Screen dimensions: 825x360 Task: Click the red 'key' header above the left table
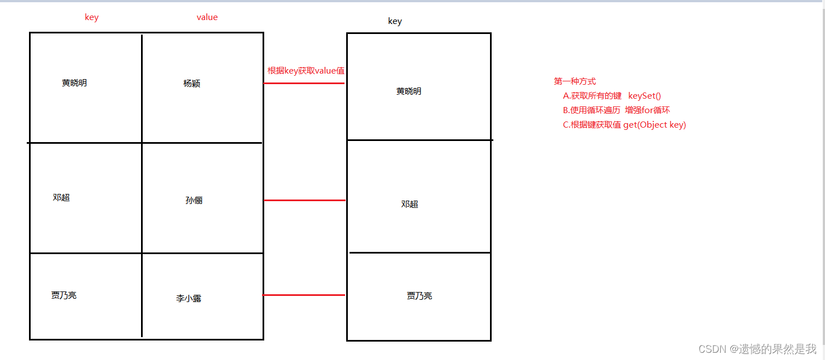coord(91,17)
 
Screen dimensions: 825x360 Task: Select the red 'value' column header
coord(207,17)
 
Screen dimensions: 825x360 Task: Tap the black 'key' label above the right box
coord(395,21)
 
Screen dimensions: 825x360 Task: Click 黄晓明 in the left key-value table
coord(74,83)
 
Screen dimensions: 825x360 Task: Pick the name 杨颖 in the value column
coord(192,84)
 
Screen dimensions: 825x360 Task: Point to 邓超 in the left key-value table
coord(61,197)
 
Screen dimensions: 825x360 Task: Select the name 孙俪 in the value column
coord(194,201)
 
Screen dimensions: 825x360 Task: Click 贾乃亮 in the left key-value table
coord(64,295)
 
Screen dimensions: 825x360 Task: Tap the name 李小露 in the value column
coord(188,299)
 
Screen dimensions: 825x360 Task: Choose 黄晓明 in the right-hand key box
coord(409,91)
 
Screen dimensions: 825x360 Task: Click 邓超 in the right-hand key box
coord(409,205)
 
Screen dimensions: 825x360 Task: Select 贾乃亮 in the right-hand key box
coord(419,296)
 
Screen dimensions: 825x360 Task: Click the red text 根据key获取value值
coord(306,71)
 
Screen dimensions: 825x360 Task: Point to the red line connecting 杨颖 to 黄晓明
coord(304,83)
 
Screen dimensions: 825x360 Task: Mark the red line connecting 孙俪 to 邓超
coord(304,200)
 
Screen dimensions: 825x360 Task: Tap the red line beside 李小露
coord(304,295)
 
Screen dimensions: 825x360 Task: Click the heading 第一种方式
coord(575,81)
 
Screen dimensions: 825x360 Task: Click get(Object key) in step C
coord(654,125)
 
